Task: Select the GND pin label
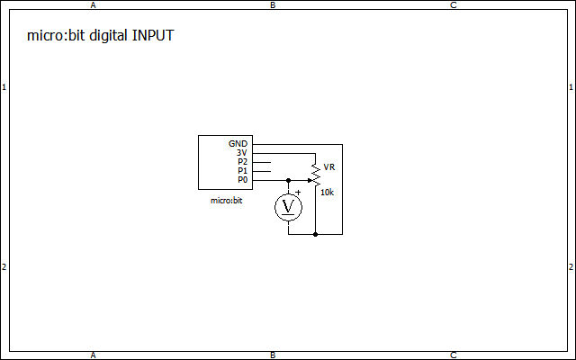point(238,144)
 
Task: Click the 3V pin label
point(241,153)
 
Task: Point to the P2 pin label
point(242,162)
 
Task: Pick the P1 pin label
point(242,171)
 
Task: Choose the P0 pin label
point(242,180)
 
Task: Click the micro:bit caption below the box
point(226,201)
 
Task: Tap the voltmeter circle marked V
point(288,207)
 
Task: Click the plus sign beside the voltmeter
point(298,192)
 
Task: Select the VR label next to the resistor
point(328,167)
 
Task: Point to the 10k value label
point(327,193)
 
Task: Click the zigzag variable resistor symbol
point(315,172)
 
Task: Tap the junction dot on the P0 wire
point(288,180)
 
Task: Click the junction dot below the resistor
point(315,234)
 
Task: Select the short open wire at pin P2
point(261,162)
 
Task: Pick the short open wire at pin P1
point(261,171)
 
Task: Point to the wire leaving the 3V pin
point(283,153)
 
